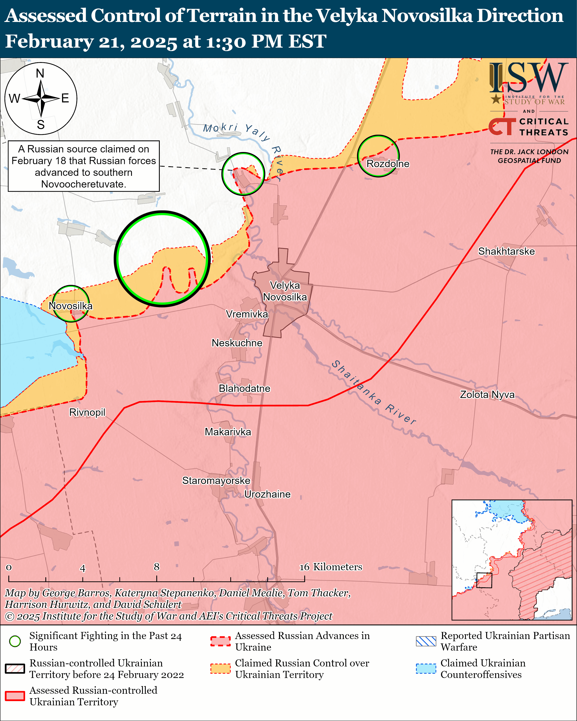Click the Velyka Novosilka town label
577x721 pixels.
[285, 291]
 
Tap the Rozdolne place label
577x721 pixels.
[388, 164]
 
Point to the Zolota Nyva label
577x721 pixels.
[487, 395]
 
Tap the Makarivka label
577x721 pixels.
[228, 432]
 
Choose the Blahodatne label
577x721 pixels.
[244, 389]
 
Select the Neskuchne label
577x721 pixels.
[237, 343]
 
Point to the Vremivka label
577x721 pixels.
[247, 314]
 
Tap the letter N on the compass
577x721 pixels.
[40, 73]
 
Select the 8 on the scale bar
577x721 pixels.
[157, 567]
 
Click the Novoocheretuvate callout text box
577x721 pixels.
[84, 166]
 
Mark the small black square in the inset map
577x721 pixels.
[484, 580]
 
